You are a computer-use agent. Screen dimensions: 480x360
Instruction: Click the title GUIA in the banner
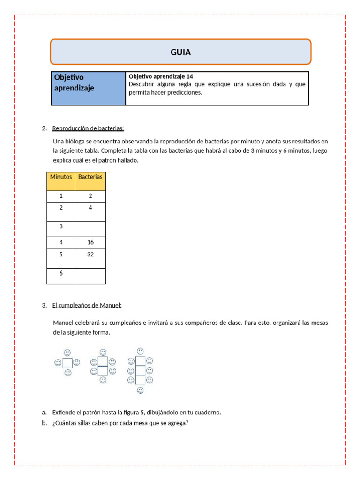click(x=180, y=52)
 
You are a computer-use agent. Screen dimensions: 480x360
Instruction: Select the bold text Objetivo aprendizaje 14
click(x=161, y=76)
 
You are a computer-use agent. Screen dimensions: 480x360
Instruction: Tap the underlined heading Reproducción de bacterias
click(x=88, y=128)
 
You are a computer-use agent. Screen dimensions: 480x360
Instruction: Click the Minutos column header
click(x=61, y=177)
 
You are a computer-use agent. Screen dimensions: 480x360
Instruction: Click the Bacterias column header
click(x=90, y=177)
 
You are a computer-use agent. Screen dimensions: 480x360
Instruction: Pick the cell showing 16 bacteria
click(x=90, y=242)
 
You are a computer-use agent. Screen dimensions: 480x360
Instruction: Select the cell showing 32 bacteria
click(x=90, y=255)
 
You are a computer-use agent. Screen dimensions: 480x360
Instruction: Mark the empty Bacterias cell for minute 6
click(x=90, y=276)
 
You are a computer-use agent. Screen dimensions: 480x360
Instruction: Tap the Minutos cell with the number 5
click(x=61, y=255)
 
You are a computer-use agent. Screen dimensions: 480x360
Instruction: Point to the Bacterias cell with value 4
click(x=90, y=207)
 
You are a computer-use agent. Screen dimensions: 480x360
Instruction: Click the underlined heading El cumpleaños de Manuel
click(x=87, y=306)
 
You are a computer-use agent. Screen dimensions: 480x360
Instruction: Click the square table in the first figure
click(x=67, y=363)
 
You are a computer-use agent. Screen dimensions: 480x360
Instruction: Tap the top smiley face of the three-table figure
click(x=140, y=351)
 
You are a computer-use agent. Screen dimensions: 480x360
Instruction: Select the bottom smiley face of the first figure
click(x=68, y=373)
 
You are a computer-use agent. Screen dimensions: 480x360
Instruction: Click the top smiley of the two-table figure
click(x=103, y=352)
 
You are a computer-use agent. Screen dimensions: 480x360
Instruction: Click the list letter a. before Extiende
click(x=44, y=412)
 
